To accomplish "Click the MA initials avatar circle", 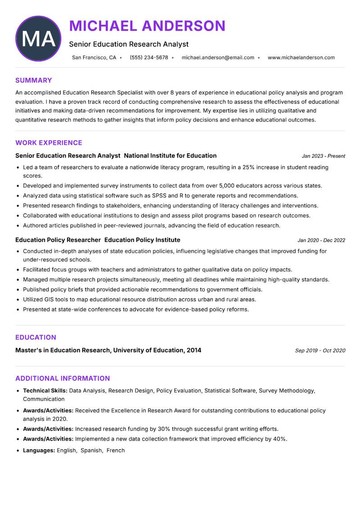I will point(38,39).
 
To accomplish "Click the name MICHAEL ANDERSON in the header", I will point(147,26).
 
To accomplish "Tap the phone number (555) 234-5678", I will point(149,58).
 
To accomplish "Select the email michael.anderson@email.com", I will point(218,58).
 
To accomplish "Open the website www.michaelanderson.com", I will point(301,58).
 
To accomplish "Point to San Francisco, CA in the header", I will point(94,58).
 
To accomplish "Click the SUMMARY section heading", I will point(34,80).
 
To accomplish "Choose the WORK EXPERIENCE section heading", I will point(49,143).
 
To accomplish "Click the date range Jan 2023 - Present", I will point(323,156).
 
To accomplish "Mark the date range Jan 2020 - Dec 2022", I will point(321,240).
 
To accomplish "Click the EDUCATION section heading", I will point(36,338).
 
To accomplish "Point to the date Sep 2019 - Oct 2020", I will point(320,351).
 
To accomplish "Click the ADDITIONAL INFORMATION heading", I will point(63,379).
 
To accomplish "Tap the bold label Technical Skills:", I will point(45,391).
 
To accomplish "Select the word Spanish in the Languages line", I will point(91,450).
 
